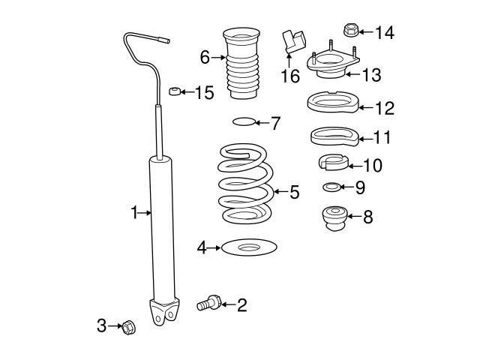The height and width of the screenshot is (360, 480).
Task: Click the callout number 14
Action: pos(385,31)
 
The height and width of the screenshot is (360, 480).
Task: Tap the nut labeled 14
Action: pos(349,31)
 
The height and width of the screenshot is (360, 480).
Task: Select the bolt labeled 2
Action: pos(207,304)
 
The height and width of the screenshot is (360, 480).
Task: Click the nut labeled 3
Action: pos(127,326)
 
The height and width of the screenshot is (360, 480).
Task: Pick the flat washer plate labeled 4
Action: pos(247,247)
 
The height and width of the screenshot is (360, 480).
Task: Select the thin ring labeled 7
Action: pos(244,121)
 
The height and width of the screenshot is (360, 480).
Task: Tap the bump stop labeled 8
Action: pos(333,217)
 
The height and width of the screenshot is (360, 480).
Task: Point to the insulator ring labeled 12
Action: pos(332,105)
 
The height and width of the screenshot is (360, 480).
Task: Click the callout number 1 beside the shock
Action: pos(135,213)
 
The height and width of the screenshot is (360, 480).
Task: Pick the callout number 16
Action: pos(289,76)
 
